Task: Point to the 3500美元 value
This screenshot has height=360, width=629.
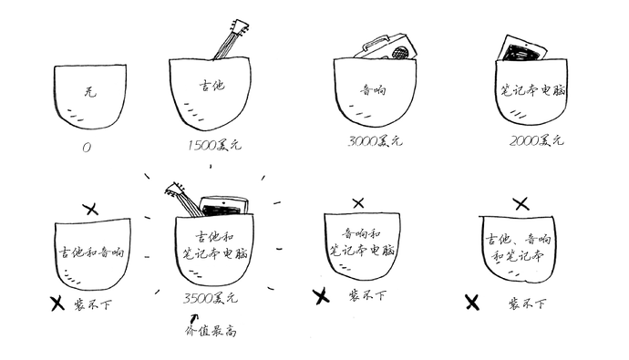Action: [211, 297]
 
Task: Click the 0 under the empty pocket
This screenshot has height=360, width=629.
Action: [86, 145]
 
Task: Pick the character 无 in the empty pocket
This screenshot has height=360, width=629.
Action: [88, 93]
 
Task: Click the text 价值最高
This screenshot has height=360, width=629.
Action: [211, 329]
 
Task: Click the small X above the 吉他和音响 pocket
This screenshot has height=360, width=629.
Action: [90, 210]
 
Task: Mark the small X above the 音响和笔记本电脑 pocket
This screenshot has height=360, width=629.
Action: [358, 202]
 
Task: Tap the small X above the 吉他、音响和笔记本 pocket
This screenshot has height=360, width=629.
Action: [521, 203]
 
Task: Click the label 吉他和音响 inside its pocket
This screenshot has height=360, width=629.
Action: [89, 252]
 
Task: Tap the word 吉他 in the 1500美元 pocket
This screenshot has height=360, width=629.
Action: [211, 86]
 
